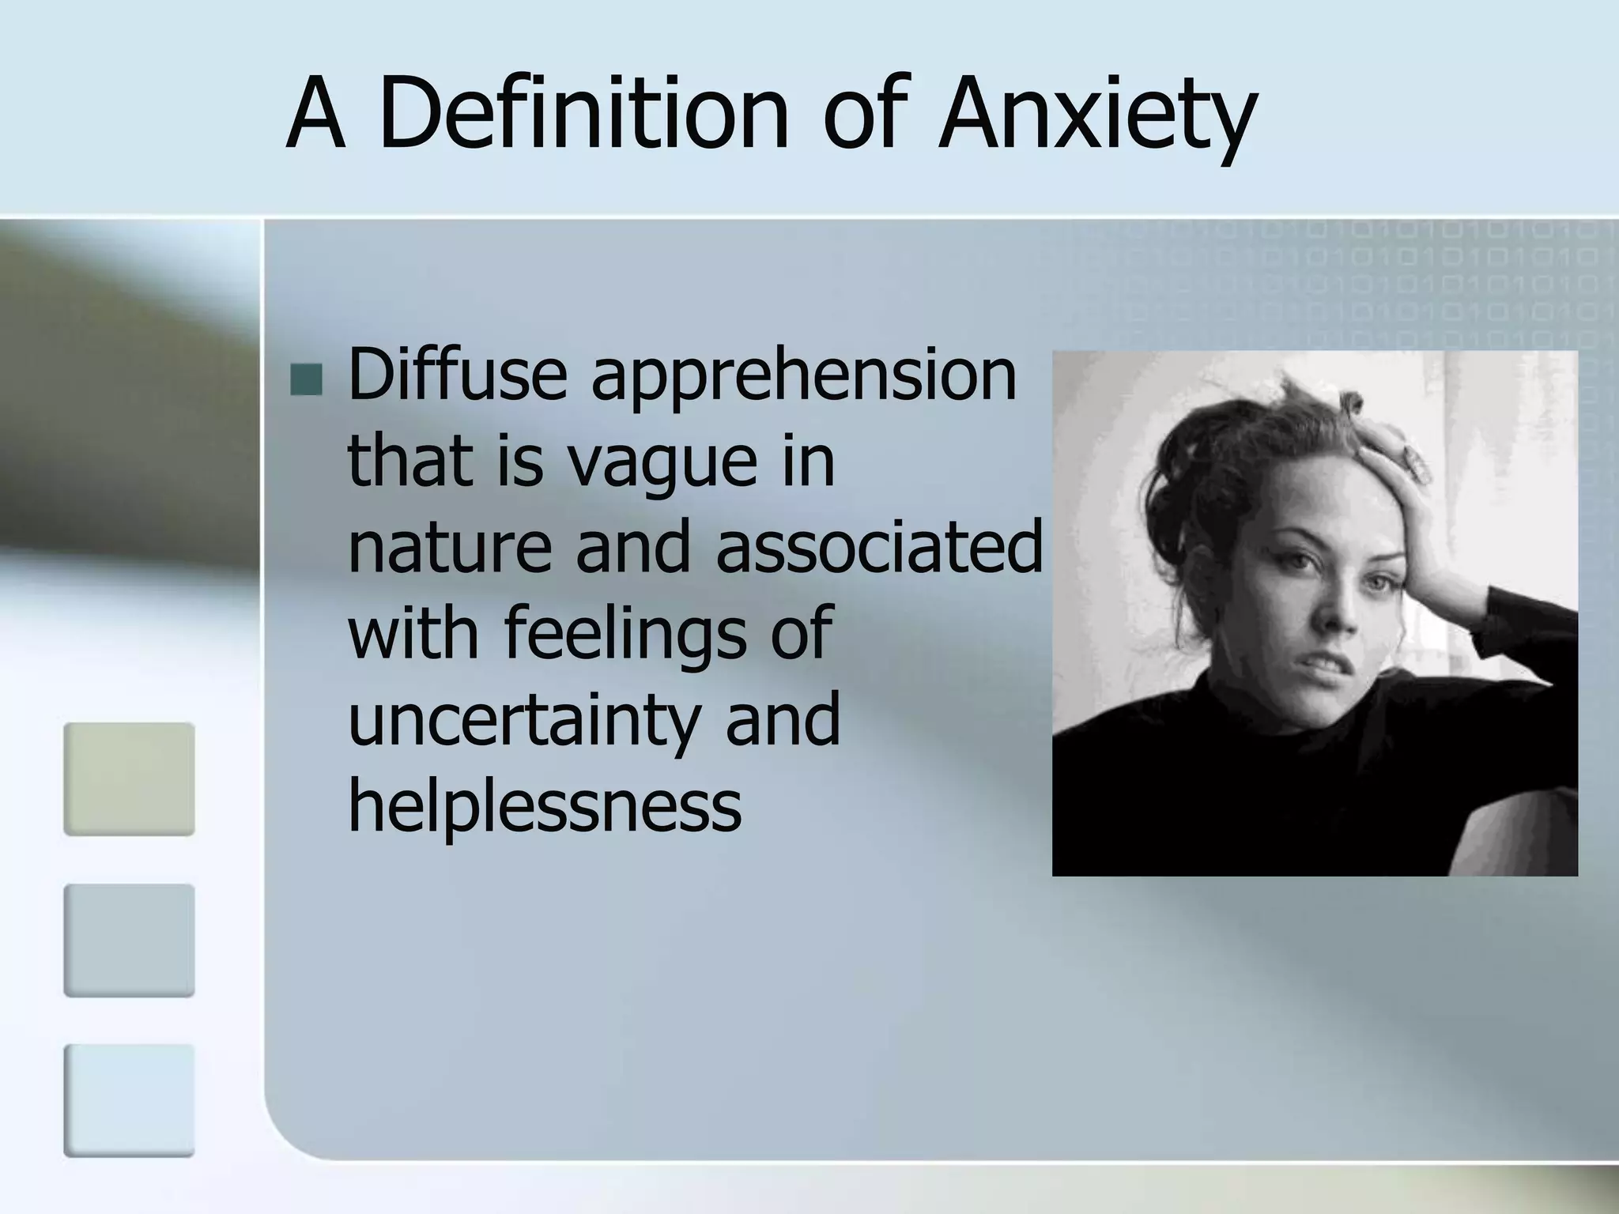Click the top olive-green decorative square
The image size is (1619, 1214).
pyautogui.click(x=129, y=779)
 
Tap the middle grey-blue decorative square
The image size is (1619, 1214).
pyautogui.click(x=129, y=940)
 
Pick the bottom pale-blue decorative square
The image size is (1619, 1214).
pyautogui.click(x=129, y=1100)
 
